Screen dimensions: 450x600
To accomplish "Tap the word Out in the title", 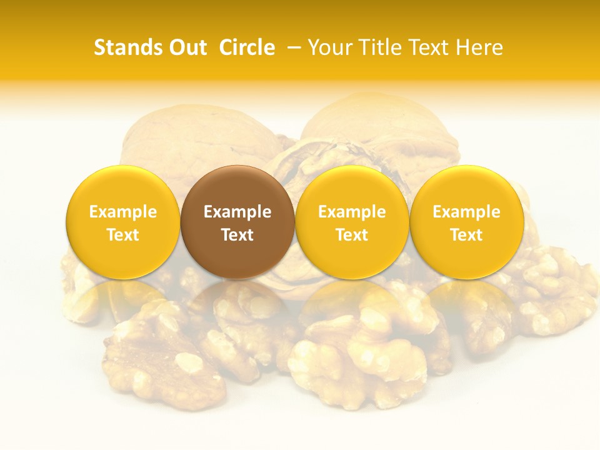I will pyautogui.click(x=186, y=47).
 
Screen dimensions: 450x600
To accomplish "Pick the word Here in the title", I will pyautogui.click(x=480, y=47).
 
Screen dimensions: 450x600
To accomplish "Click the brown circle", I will pyautogui.click(x=237, y=222).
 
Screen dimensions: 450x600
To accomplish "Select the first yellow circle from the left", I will pyautogui.click(x=123, y=222).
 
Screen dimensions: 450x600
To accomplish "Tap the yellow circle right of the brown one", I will pyautogui.click(x=352, y=222).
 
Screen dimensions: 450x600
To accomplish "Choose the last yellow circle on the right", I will pyautogui.click(x=467, y=222).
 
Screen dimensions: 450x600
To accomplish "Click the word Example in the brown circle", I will pyautogui.click(x=237, y=212).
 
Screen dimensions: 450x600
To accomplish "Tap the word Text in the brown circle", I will pyautogui.click(x=237, y=235).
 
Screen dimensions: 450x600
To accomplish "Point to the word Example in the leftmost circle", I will pyautogui.click(x=123, y=212).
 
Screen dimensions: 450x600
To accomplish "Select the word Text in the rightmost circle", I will pyautogui.click(x=467, y=235).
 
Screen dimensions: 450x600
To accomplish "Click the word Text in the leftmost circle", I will pyautogui.click(x=123, y=235).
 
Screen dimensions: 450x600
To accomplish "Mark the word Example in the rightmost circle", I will pyautogui.click(x=467, y=212).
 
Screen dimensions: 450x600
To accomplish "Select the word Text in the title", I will pyautogui.click(x=427, y=47).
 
